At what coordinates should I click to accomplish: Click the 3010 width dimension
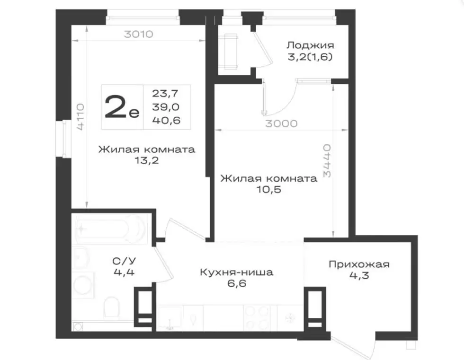(x=138, y=34)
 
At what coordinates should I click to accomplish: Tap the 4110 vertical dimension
(x=80, y=117)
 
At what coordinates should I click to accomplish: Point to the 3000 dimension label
(x=281, y=123)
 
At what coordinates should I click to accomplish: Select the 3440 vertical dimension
(x=327, y=160)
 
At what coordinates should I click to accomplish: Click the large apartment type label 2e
(x=122, y=107)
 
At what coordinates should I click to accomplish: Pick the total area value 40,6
(x=166, y=120)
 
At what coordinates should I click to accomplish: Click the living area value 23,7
(x=165, y=93)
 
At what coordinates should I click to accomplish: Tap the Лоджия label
(x=311, y=45)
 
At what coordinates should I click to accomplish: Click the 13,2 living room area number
(x=146, y=160)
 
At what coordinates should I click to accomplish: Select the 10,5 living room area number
(x=269, y=189)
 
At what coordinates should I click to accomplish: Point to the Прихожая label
(x=359, y=264)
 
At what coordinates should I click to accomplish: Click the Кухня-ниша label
(x=236, y=272)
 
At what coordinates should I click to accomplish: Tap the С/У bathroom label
(x=124, y=261)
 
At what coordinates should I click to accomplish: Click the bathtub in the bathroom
(x=111, y=229)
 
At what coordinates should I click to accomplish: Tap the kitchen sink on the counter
(x=170, y=318)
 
